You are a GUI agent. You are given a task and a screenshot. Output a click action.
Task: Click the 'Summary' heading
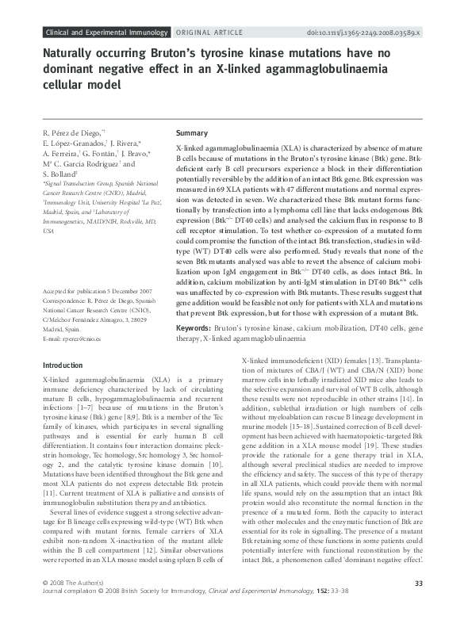pyautogui.click(x=191, y=133)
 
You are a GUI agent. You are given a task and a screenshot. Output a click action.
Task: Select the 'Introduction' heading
pyautogui.click(x=61, y=365)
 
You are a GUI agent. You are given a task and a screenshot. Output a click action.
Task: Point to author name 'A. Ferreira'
pyautogui.click(x=58, y=153)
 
